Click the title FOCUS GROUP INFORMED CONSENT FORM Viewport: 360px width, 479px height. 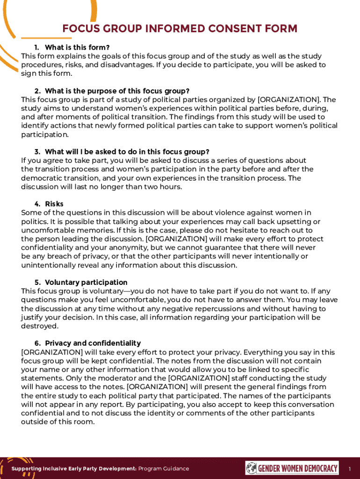coord(180,29)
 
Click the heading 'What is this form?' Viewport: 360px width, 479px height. coord(77,47)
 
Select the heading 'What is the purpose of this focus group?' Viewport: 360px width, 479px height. coord(117,91)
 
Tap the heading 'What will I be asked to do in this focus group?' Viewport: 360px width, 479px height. coord(127,152)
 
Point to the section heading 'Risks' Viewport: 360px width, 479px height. coord(54,204)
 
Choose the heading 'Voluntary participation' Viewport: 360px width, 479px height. coord(86,283)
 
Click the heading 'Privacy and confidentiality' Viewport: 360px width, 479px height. coord(93,343)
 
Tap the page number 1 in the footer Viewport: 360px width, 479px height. coord(349,469)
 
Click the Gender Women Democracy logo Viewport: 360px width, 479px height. coord(292,468)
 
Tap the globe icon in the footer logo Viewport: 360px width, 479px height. coord(251,468)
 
